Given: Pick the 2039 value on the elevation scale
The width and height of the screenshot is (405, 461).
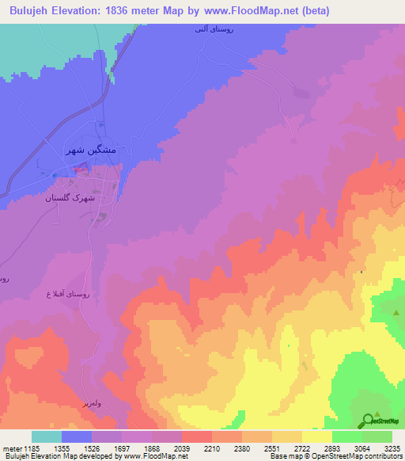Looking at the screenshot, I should point(181,448).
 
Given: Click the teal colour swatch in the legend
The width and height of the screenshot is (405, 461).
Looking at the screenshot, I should point(47,436).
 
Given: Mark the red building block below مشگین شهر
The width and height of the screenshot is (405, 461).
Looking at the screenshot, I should point(80,167).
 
